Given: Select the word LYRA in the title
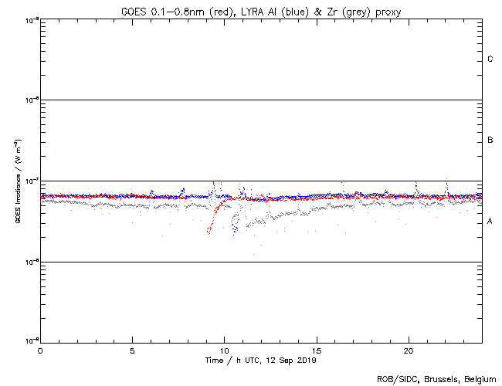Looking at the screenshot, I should coord(249,11).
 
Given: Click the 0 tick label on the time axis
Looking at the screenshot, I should coord(40,350).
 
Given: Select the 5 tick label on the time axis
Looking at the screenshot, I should coord(132,350).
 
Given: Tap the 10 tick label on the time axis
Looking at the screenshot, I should coord(224,350).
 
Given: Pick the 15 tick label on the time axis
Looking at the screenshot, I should coord(317,350).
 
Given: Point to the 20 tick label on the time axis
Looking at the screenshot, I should coord(409,350).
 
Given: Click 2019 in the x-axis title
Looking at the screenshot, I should coord(306,361).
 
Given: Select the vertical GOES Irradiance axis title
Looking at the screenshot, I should coord(17,181).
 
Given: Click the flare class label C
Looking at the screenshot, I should coord(490,59).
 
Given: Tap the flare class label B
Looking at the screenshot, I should coord(490,141).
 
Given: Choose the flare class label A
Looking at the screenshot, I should coord(490,222).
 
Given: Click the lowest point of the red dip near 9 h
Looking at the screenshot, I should coord(208,232).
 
